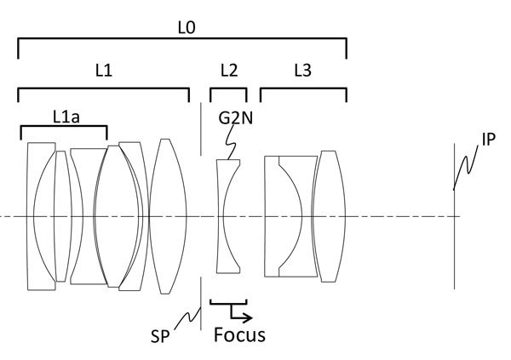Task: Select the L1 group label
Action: (x=103, y=72)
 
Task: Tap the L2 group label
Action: (x=228, y=72)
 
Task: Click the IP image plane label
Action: (x=489, y=139)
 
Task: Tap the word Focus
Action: (x=239, y=334)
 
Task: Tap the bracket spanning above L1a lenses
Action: (x=63, y=128)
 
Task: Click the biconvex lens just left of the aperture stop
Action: (x=170, y=216)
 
